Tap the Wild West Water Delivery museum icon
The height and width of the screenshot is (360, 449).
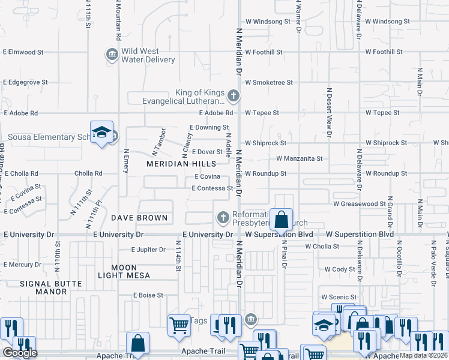point(112,55)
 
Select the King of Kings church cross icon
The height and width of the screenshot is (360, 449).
point(234,95)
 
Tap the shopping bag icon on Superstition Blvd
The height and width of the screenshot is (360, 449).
point(281,220)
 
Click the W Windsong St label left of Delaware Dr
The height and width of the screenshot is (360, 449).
point(267,22)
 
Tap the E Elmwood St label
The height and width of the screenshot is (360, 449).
point(23,52)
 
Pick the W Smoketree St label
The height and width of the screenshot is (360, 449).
point(268,82)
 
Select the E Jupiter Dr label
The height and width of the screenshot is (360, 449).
point(148,250)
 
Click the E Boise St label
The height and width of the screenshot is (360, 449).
point(148,295)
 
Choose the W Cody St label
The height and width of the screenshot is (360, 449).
point(340,269)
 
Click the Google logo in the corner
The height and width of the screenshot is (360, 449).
point(20,353)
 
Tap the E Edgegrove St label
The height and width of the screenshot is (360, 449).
point(26,82)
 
